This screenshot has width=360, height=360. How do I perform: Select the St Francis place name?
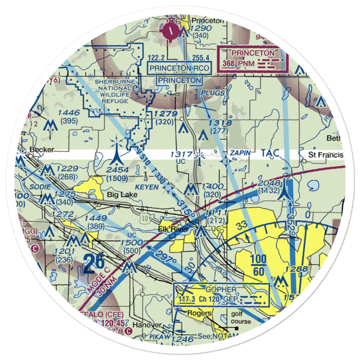point(326,155)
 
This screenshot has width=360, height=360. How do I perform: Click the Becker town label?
point(42,150)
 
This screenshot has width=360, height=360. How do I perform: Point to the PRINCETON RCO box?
point(180,68)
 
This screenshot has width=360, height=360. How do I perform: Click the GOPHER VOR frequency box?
point(221,294)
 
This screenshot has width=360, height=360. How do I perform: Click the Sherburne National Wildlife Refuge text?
point(112,91)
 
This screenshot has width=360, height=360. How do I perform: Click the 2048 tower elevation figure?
point(269,184)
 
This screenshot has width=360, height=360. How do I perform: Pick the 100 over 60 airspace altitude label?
point(258,265)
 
